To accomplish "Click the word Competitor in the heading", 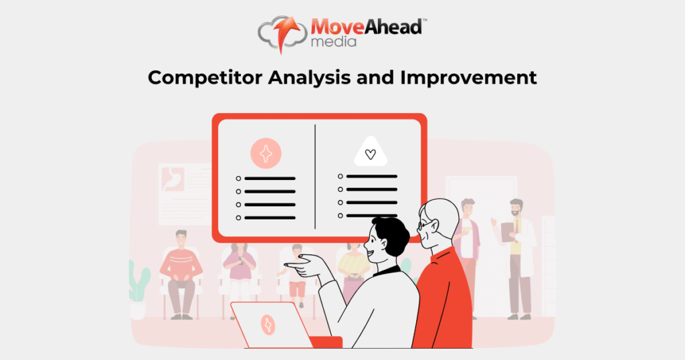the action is point(205,78).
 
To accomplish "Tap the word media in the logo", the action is point(333,42).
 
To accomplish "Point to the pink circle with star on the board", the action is point(266,153).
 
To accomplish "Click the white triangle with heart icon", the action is point(371,152).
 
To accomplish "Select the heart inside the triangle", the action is point(371,154).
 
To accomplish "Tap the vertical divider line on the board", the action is point(315,177).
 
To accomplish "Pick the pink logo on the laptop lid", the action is point(268,325).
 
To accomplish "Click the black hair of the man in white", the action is point(391,234).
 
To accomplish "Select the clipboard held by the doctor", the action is point(508,232).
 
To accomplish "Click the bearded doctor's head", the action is point(516,207).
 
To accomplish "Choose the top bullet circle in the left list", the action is point(239,179).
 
